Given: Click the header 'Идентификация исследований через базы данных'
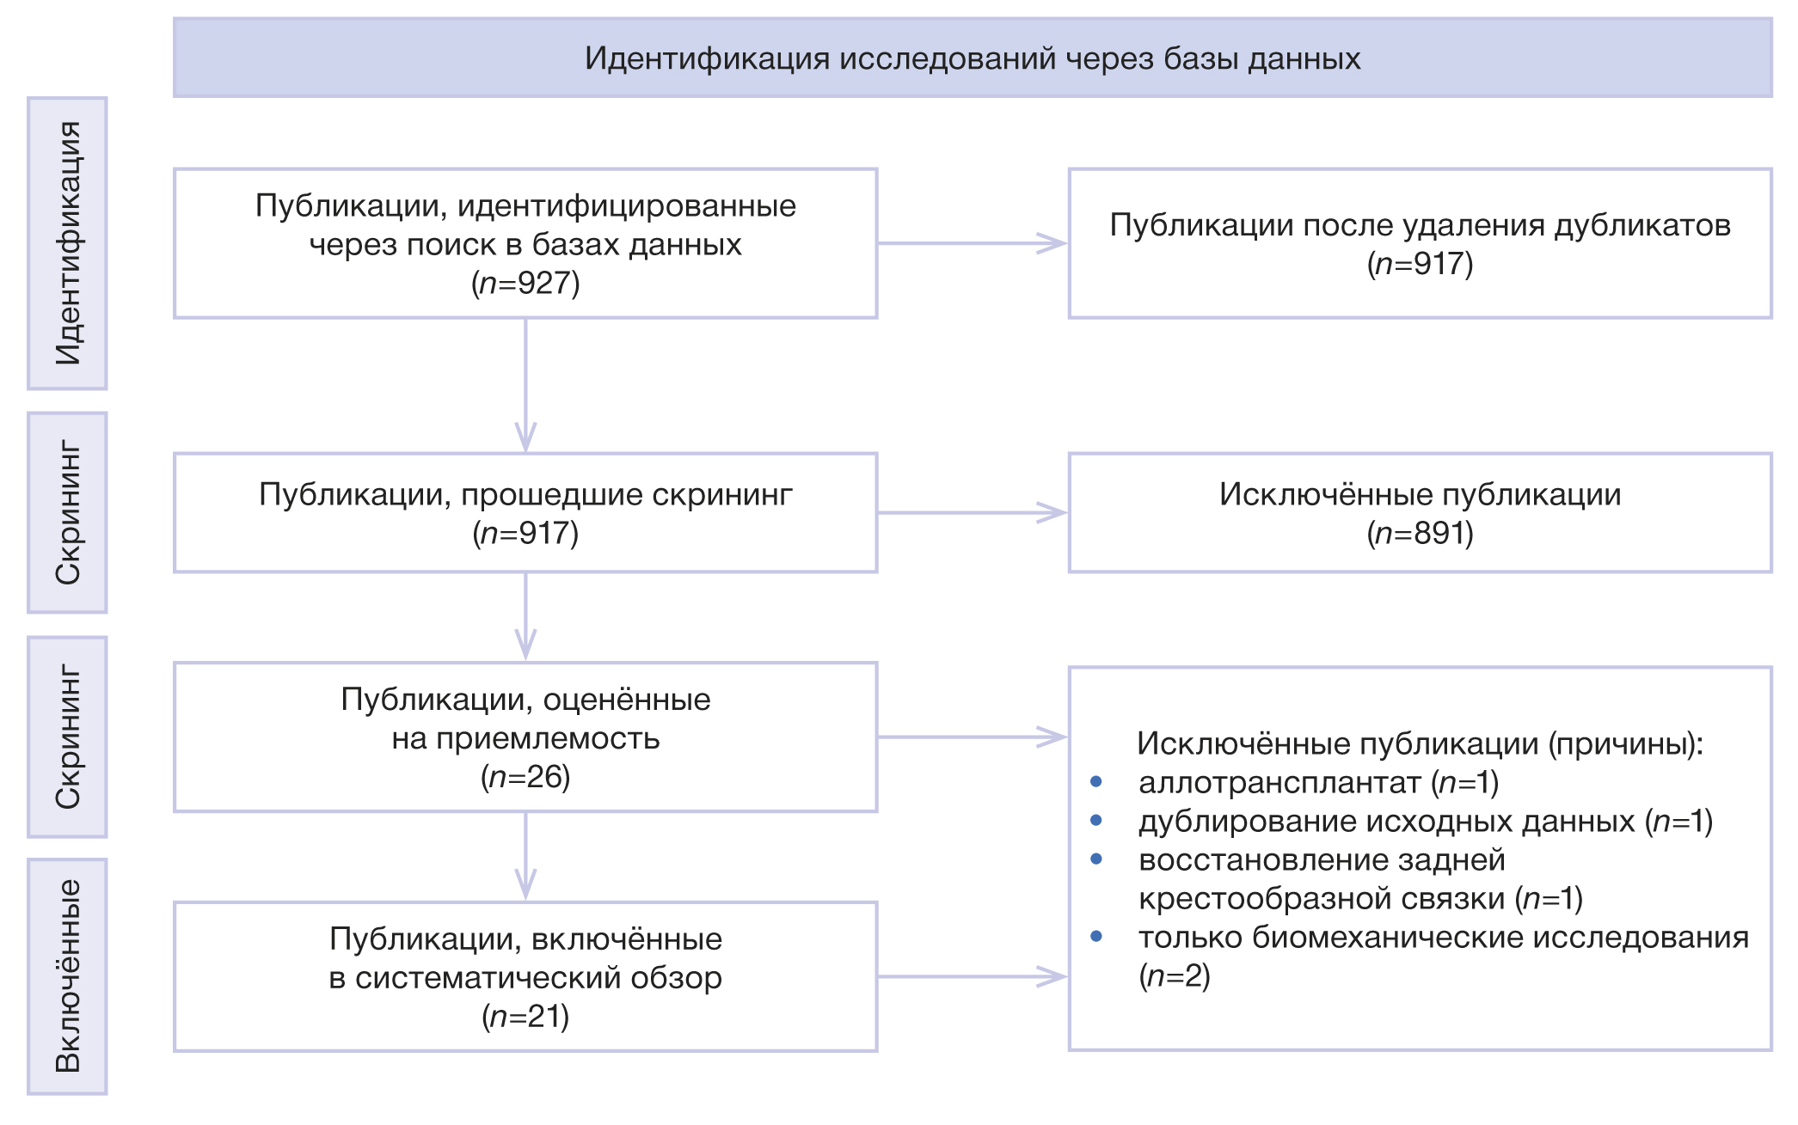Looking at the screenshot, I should (x=972, y=58).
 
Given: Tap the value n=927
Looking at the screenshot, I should (x=525, y=283).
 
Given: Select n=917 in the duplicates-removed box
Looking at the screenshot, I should (x=1420, y=264).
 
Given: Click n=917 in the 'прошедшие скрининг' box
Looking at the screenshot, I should (x=525, y=534).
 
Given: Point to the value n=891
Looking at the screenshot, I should (x=1420, y=534).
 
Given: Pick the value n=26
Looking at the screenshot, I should (x=525, y=777).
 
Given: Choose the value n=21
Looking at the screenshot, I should (x=525, y=1017).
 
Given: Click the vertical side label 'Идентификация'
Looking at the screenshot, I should (x=68, y=243).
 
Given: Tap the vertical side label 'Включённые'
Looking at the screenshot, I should (x=68, y=975).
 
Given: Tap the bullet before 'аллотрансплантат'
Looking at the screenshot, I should (x=1095, y=781).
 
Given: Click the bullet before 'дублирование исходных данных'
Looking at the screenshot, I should (x=1095, y=820).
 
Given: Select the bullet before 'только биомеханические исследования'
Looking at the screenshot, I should (x=1095, y=936).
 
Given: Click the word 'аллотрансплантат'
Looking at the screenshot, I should (x=1279, y=783).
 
